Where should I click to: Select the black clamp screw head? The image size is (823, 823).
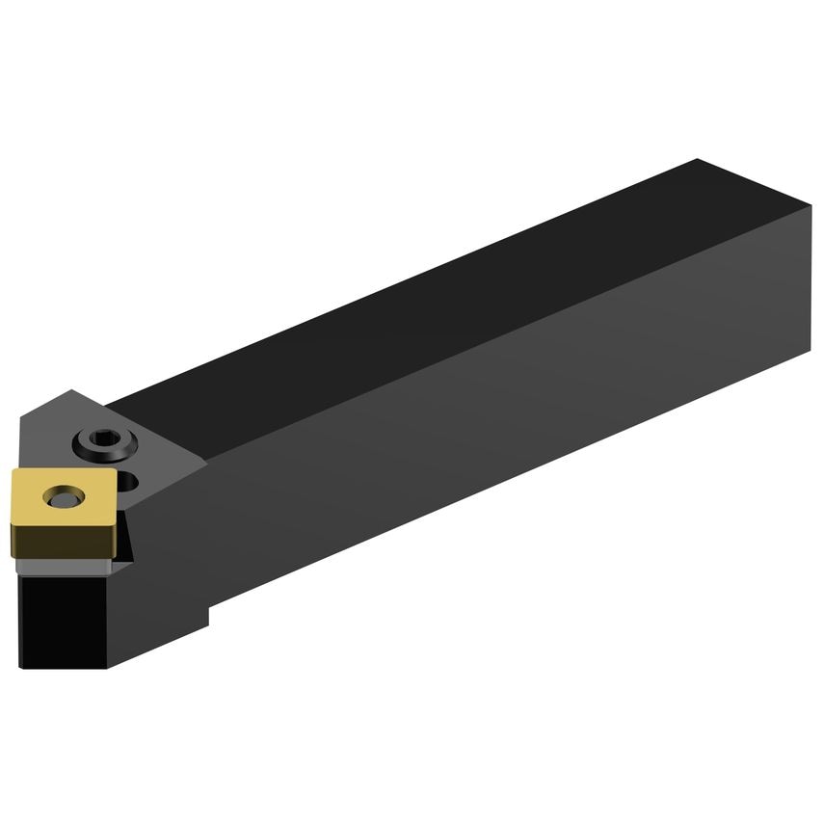[102, 442]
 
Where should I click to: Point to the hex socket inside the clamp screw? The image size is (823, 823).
[102, 440]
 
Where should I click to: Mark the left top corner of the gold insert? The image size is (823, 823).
[13, 475]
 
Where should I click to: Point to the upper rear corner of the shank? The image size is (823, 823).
[810, 206]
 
